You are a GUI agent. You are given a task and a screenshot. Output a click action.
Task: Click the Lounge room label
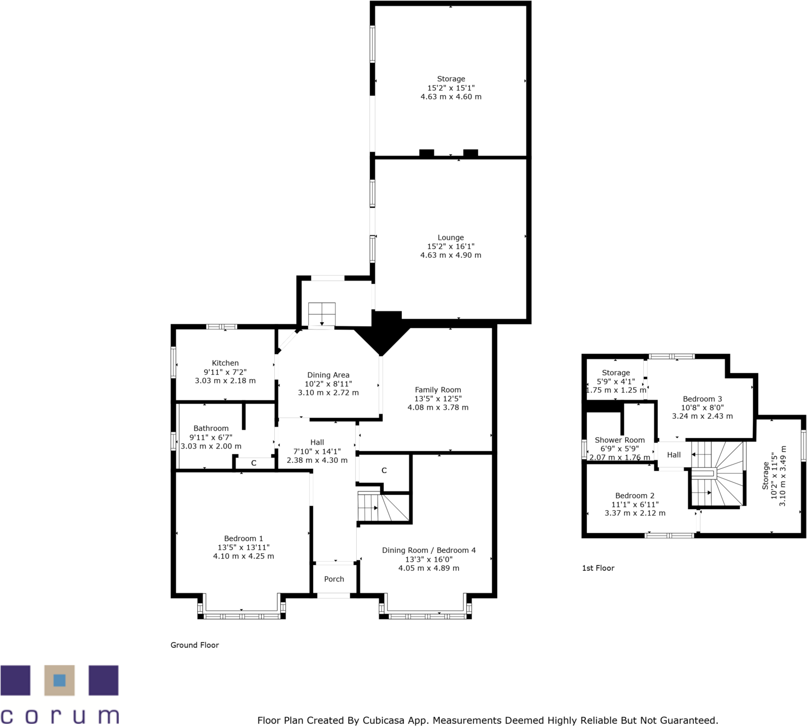(x=451, y=238)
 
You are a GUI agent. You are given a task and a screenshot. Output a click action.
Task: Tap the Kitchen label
(x=225, y=363)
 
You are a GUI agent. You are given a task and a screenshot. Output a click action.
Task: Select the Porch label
(x=334, y=579)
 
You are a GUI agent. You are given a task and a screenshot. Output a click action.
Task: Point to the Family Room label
(x=438, y=390)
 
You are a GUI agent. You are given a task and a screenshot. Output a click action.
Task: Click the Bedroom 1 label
(x=243, y=538)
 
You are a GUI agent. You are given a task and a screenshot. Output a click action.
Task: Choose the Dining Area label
(x=328, y=375)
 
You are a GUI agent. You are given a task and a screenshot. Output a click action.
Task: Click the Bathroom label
(x=211, y=428)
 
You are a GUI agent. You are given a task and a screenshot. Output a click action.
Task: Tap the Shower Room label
(x=620, y=440)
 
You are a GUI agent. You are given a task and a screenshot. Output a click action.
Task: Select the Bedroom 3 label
(x=702, y=399)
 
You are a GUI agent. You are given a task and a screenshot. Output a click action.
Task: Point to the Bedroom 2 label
(x=635, y=495)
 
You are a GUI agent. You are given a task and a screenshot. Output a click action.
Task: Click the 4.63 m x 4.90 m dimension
(x=451, y=255)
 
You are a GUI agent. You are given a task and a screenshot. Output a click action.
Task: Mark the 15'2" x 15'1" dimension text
(x=451, y=88)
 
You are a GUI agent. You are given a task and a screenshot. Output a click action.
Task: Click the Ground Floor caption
(x=195, y=645)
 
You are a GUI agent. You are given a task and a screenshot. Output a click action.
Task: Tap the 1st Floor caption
(x=598, y=568)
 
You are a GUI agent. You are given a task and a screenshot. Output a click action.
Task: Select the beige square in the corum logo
(x=59, y=680)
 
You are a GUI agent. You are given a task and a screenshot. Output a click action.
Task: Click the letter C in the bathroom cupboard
(x=254, y=463)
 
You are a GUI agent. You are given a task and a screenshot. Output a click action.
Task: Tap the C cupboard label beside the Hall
(x=384, y=470)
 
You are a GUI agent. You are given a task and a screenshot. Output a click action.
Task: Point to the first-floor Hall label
(x=674, y=455)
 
